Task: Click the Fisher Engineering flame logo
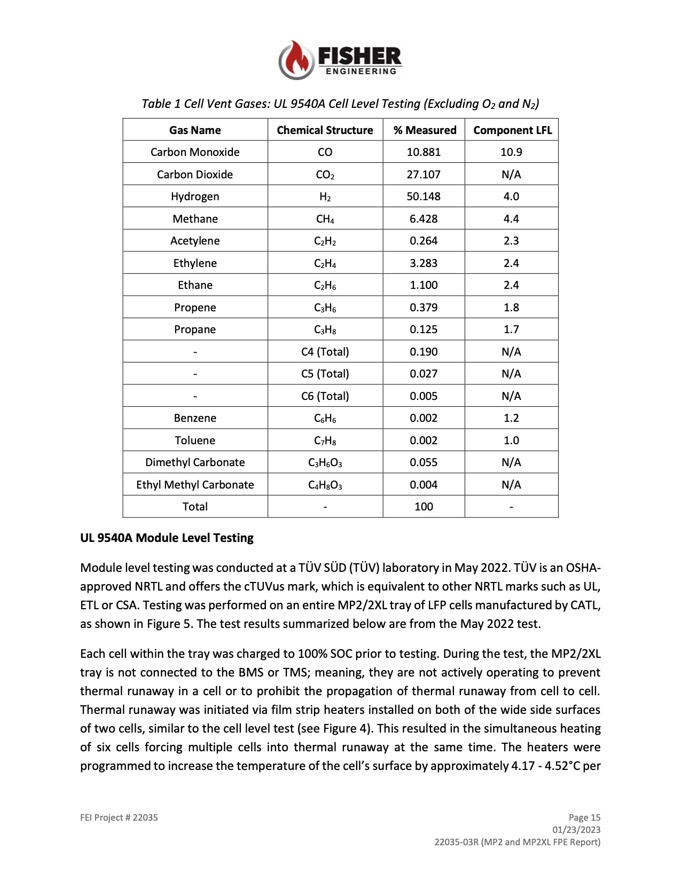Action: tap(295, 59)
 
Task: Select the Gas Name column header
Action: tap(195, 130)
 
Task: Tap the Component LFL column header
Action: tap(512, 130)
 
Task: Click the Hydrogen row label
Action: tap(195, 196)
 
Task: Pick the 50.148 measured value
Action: tap(424, 196)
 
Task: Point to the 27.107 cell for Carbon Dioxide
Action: tap(424, 175)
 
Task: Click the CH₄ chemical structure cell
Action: tap(325, 219)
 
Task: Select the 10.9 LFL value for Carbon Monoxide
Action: tap(511, 152)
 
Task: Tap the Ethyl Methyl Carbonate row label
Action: tap(195, 485)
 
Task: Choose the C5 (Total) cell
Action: tap(325, 374)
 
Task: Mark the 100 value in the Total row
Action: tap(424, 507)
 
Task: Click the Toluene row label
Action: tap(195, 440)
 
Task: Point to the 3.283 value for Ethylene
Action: tap(424, 263)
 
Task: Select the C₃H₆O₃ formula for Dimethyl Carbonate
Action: tap(325, 463)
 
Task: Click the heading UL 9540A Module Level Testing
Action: tap(167, 538)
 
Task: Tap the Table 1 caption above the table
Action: tap(340, 104)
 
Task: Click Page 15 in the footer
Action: tap(584, 817)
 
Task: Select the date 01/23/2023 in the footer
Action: tap(576, 830)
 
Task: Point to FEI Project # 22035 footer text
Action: tap(119, 817)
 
